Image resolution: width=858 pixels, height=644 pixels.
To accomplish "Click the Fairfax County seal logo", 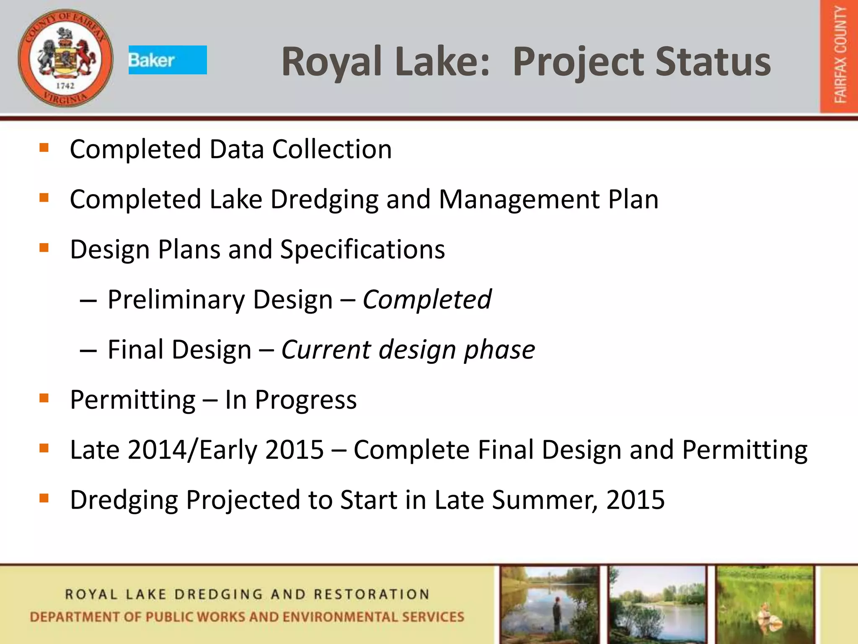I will click(65, 58).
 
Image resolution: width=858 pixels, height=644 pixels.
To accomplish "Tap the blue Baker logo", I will click(168, 60).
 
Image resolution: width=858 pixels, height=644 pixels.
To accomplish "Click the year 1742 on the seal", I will click(65, 86).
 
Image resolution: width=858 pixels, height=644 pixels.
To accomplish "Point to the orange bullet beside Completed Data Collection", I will click(44, 148).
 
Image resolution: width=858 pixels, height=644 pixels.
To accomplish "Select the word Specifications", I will click(362, 249).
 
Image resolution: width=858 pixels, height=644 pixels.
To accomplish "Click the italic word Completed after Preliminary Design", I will click(426, 299).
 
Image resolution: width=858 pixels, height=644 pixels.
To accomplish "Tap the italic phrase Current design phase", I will click(408, 350).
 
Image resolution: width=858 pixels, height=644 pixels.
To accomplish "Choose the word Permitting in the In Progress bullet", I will click(132, 400).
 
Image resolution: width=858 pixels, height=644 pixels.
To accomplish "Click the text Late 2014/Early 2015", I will click(196, 450).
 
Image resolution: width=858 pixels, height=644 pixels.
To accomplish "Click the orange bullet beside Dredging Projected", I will click(44, 498).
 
